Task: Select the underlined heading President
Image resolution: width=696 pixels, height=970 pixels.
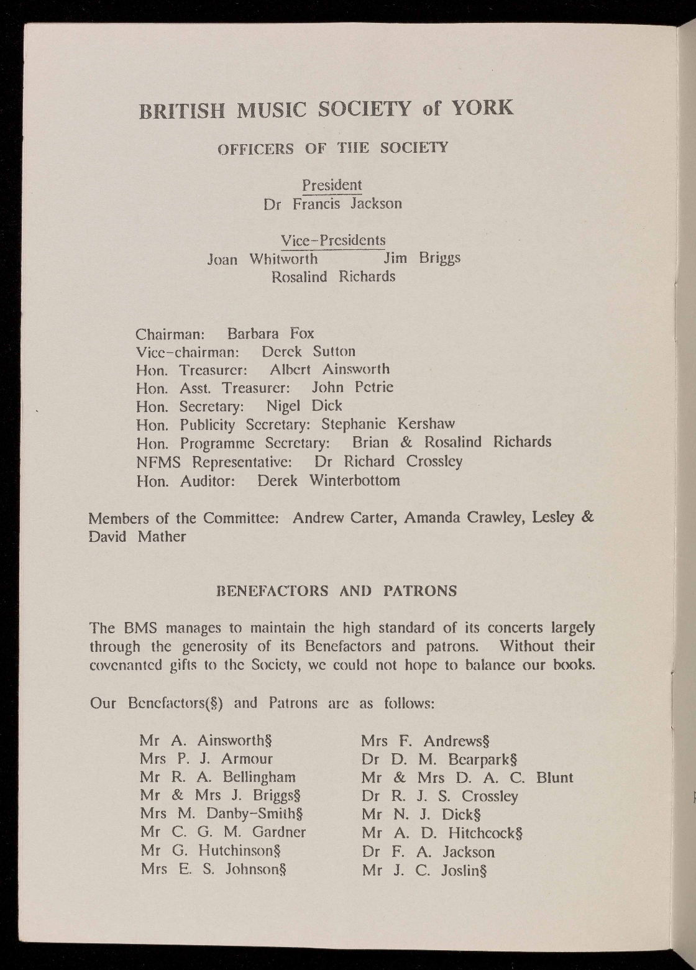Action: click(331, 185)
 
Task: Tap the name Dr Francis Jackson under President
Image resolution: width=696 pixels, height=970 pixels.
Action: click(332, 204)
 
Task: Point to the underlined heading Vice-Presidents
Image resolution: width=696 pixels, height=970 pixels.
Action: click(333, 240)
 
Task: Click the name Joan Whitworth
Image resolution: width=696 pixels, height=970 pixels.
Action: click(262, 259)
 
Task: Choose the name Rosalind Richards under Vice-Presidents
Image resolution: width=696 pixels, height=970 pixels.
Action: click(333, 277)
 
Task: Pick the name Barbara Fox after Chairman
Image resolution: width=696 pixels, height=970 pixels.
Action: click(270, 333)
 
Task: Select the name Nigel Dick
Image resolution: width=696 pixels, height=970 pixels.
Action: click(304, 406)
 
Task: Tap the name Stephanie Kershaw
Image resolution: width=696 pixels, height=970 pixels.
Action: click(388, 424)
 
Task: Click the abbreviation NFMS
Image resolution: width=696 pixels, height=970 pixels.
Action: click(158, 462)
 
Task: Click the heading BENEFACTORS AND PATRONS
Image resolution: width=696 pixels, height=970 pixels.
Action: click(336, 591)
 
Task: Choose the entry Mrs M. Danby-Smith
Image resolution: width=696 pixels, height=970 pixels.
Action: click(221, 814)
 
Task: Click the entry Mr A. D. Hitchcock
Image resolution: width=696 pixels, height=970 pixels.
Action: click(442, 833)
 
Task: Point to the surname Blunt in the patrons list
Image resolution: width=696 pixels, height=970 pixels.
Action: click(554, 777)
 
